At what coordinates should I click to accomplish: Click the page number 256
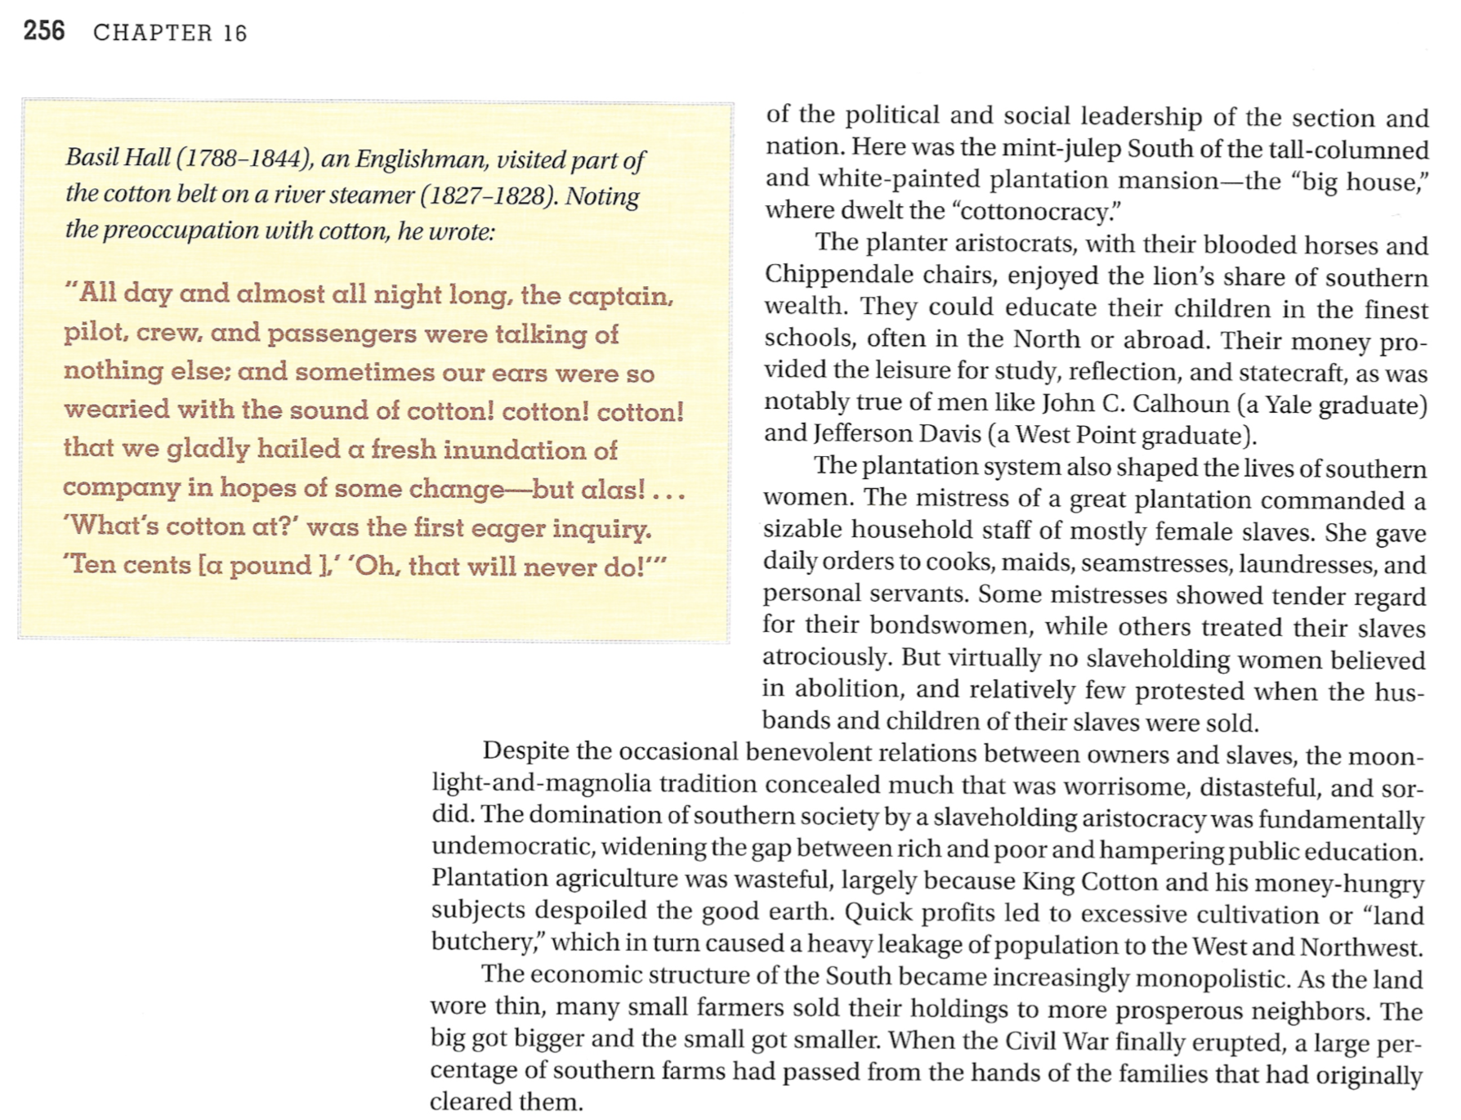tap(44, 31)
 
